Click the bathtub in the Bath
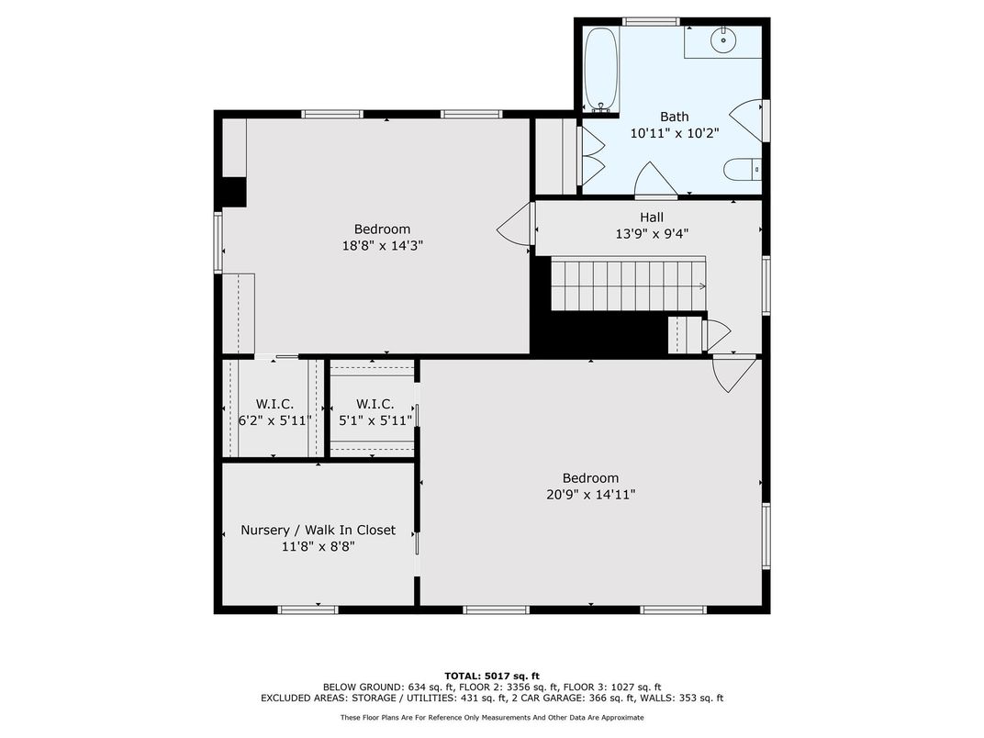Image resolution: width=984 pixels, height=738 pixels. pos(601,70)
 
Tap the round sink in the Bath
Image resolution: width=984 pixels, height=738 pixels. pos(723,40)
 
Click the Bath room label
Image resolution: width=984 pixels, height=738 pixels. pos(674,117)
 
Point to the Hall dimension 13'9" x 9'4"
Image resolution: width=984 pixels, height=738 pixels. pos(652,234)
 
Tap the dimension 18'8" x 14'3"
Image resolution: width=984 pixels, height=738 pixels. pos(382,245)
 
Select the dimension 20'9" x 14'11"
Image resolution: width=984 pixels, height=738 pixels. pos(590,495)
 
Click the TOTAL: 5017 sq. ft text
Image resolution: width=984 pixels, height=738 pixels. pos(492,676)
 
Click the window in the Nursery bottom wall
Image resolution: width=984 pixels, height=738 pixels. pos(307,609)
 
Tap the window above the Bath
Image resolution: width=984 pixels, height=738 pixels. pos(651,22)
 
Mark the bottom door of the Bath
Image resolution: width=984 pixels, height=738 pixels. pos(655,180)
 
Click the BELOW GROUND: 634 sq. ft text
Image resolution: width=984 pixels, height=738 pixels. pos(369,688)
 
